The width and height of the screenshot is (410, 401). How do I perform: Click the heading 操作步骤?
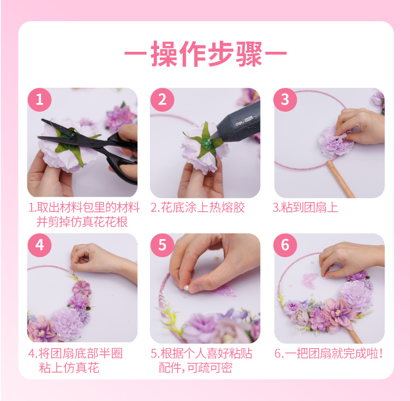pos(206,53)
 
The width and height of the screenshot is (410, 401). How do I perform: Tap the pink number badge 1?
pos(39,100)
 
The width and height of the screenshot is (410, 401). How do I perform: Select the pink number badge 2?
pos(162,100)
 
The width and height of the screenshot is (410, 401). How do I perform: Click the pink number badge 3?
pos(285,100)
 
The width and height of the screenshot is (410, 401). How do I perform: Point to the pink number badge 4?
pos(39,245)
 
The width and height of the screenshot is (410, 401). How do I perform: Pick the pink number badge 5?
pos(162,245)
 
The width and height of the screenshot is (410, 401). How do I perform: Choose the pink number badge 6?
pos(285,245)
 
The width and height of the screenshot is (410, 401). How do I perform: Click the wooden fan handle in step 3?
pos(340,179)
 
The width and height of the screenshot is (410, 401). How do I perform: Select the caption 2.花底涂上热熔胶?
pos(198,208)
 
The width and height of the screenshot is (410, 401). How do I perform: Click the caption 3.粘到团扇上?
pos(305,208)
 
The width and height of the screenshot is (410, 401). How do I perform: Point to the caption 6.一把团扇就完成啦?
pos(329,354)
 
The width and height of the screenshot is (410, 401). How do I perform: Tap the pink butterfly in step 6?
pos(310,280)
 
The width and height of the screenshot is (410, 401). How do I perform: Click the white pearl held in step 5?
pos(186,288)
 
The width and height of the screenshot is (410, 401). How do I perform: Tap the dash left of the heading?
pos(135,53)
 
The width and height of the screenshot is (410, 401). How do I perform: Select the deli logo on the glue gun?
pos(240,122)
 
